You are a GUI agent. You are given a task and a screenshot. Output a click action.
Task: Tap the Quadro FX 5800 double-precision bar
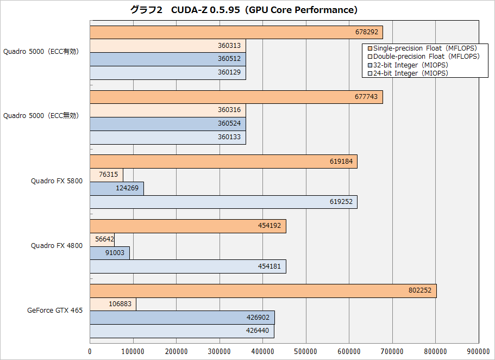106,175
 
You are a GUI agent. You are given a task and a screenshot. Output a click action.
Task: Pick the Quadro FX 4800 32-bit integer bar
109,253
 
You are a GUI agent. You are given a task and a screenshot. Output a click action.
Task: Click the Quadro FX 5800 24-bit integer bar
223,202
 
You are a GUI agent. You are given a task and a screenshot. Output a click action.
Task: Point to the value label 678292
367,33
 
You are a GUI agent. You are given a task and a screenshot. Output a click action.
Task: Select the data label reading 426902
259,317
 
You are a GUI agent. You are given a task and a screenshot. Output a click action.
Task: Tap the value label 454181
270,266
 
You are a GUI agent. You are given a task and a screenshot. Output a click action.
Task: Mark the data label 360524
229,123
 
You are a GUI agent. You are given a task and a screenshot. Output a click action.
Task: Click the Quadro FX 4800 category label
57,246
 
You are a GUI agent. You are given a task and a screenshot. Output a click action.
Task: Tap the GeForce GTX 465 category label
55,311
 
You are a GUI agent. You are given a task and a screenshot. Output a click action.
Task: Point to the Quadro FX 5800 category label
57,181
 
